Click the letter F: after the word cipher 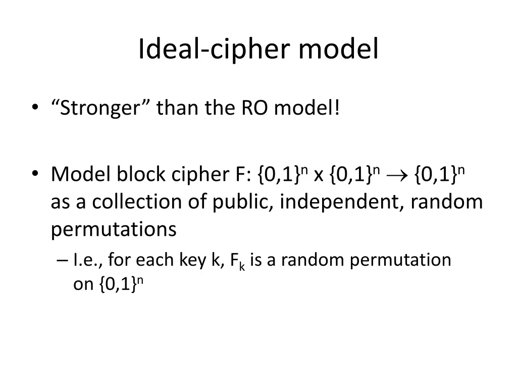(242, 175)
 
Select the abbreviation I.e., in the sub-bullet (88, 260)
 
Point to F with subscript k (237, 261)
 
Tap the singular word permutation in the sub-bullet (400, 260)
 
